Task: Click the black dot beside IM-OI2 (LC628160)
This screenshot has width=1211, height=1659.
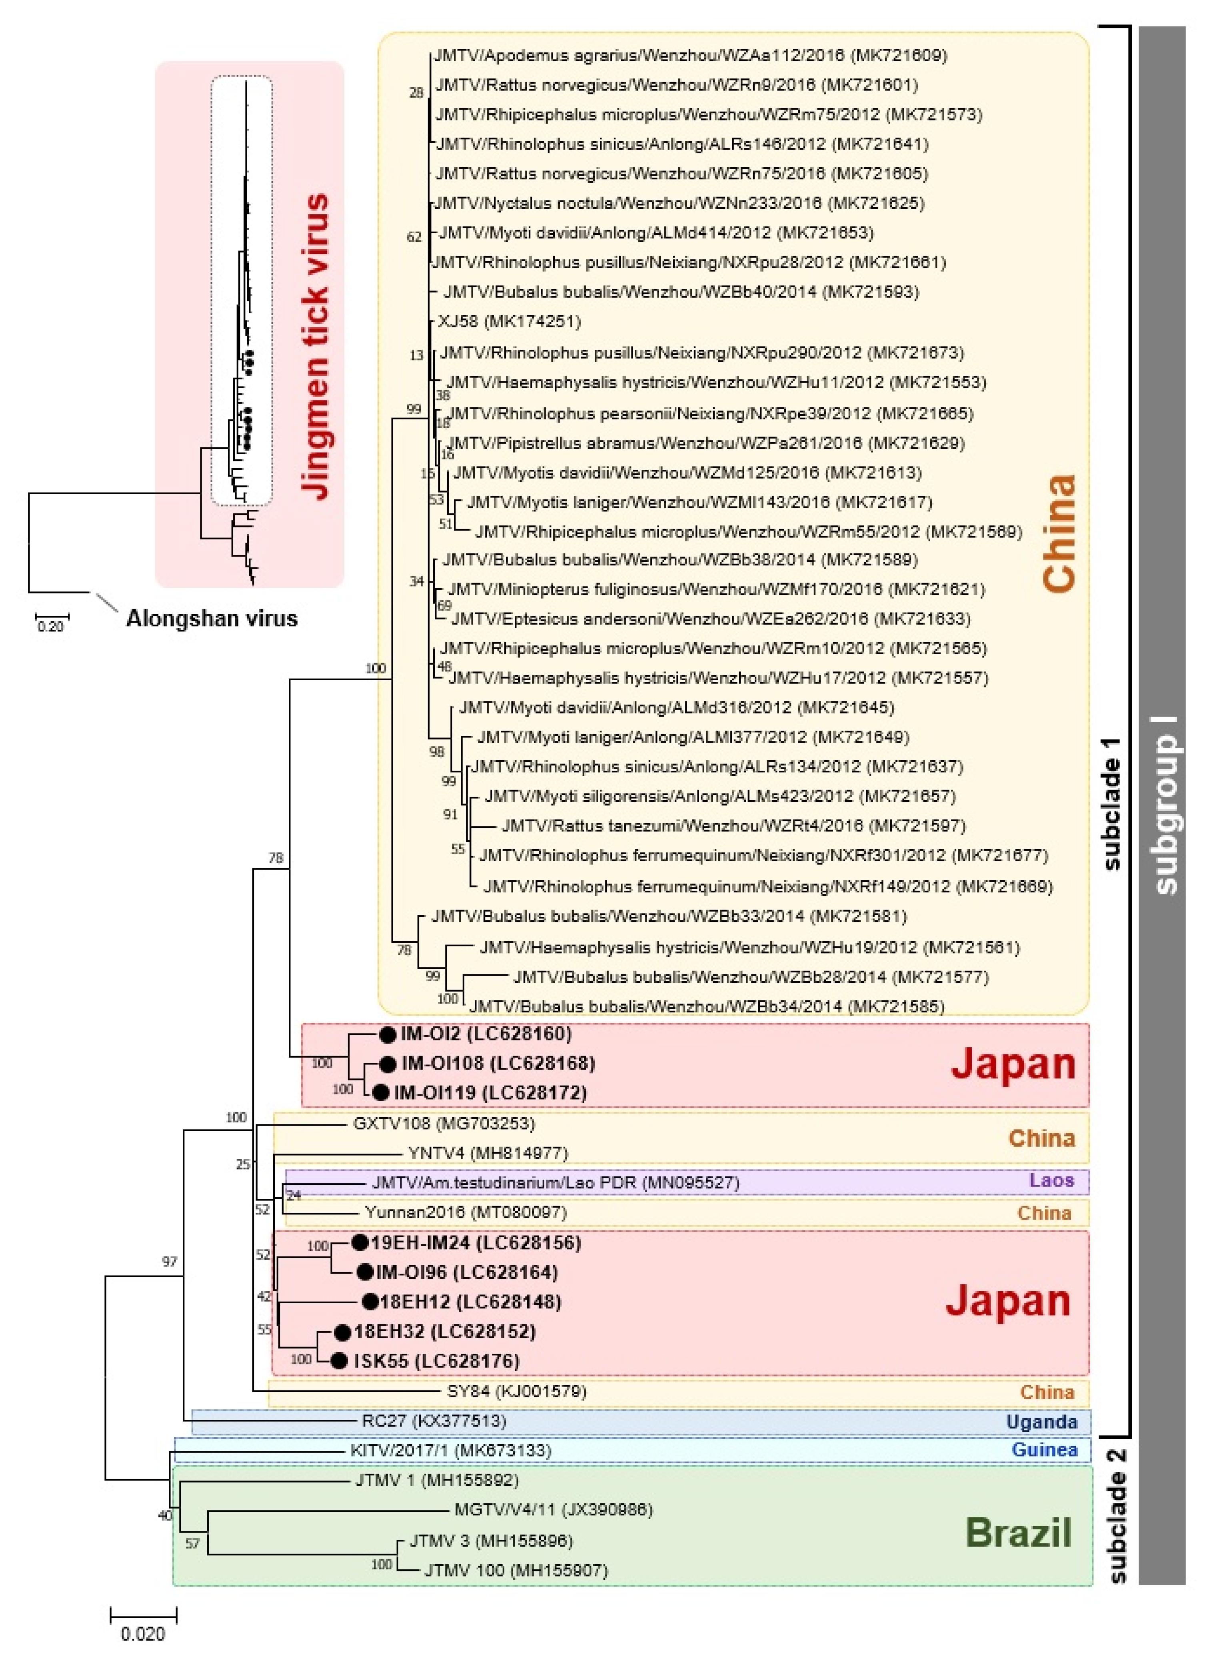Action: click(388, 1034)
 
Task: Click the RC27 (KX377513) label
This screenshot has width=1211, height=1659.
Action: click(434, 1421)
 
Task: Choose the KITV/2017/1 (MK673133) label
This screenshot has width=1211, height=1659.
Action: click(450, 1450)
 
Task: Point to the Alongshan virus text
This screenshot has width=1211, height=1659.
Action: click(212, 618)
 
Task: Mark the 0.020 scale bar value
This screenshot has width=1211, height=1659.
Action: click(143, 1634)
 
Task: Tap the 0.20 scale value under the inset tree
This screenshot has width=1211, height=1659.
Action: click(50, 626)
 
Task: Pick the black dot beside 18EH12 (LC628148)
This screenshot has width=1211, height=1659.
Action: click(371, 1301)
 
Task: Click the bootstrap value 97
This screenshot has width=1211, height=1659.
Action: click(169, 1262)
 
